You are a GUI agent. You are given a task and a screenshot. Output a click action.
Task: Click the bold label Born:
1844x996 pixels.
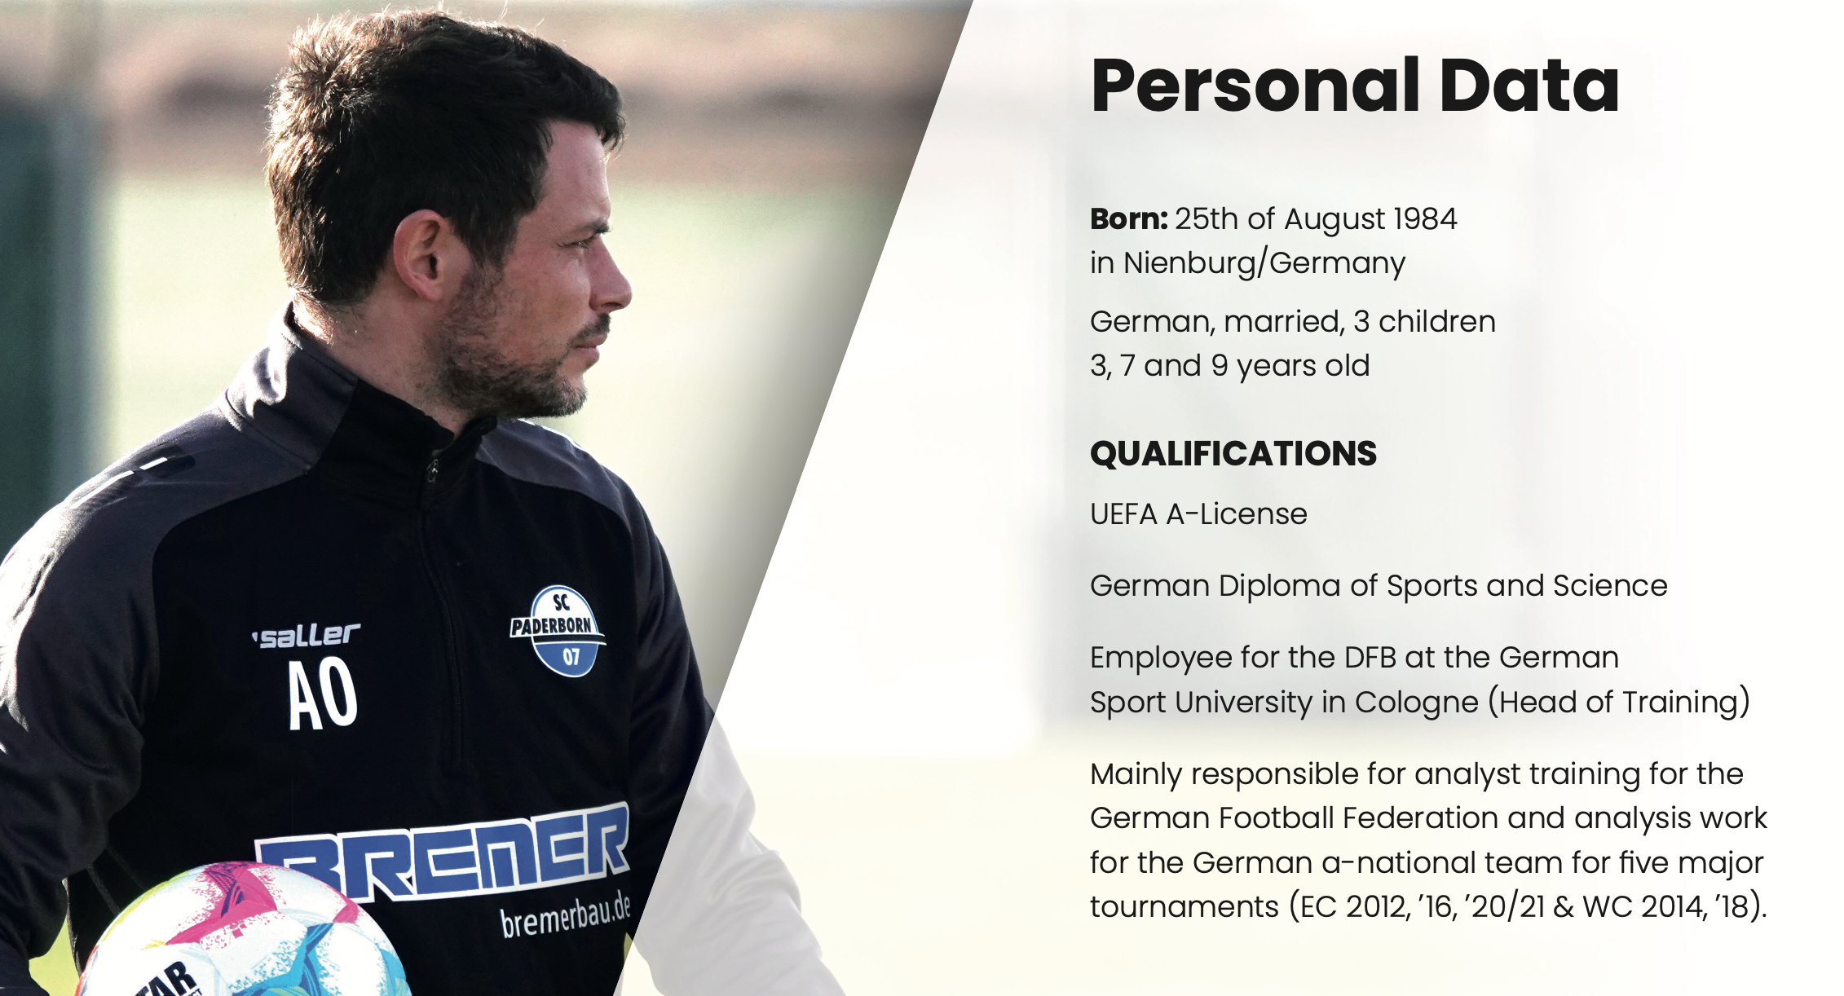pyautogui.click(x=1129, y=218)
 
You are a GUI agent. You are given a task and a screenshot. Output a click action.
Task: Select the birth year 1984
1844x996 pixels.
pyautogui.click(x=1425, y=218)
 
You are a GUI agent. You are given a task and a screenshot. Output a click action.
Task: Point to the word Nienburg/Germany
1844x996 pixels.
pyautogui.click(x=1264, y=263)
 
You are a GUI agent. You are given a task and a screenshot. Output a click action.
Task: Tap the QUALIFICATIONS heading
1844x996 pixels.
pyautogui.click(x=1233, y=454)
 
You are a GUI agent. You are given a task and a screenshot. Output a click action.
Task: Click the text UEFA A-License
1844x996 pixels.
pyautogui.click(x=1198, y=514)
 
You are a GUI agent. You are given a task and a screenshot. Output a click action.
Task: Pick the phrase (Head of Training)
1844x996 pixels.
pyautogui.click(x=1619, y=703)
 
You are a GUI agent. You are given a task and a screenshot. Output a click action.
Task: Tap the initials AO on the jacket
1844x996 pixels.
pyautogui.click(x=323, y=694)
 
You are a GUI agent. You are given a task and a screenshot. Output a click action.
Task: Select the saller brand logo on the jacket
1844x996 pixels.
pyautogui.click(x=307, y=636)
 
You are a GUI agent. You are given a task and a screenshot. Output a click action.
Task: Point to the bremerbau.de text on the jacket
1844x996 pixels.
pyautogui.click(x=566, y=914)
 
